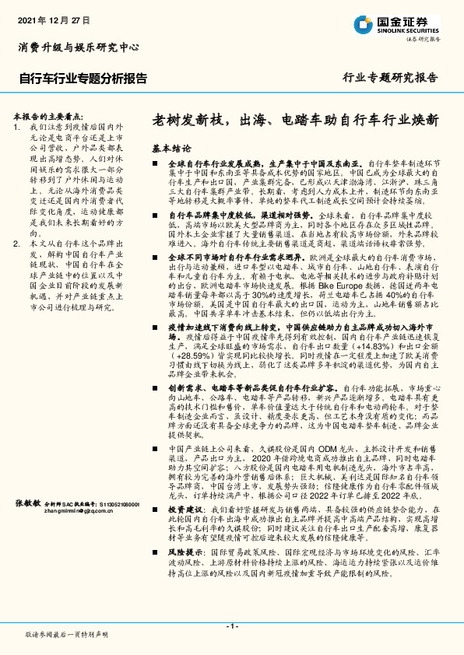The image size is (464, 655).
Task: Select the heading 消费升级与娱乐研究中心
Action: point(78,47)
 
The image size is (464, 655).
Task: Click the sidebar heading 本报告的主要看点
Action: point(47,114)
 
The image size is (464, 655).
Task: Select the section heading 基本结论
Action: point(170,148)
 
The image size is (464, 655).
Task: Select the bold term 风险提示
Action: point(185,551)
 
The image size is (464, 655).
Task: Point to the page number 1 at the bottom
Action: point(231,626)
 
